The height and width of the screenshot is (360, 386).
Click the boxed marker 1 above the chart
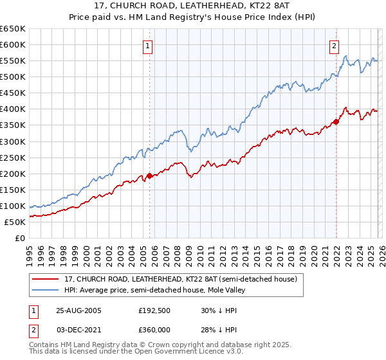pos(149,46)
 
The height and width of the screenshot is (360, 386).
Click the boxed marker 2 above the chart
pos(335,46)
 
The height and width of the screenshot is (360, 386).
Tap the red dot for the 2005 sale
pos(150,175)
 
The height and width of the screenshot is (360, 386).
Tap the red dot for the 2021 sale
pos(336,122)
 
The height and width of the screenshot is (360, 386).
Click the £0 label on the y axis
pos(19,238)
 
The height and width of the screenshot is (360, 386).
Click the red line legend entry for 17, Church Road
pos(180,280)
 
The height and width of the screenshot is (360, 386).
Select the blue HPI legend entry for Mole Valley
pos(154,291)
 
